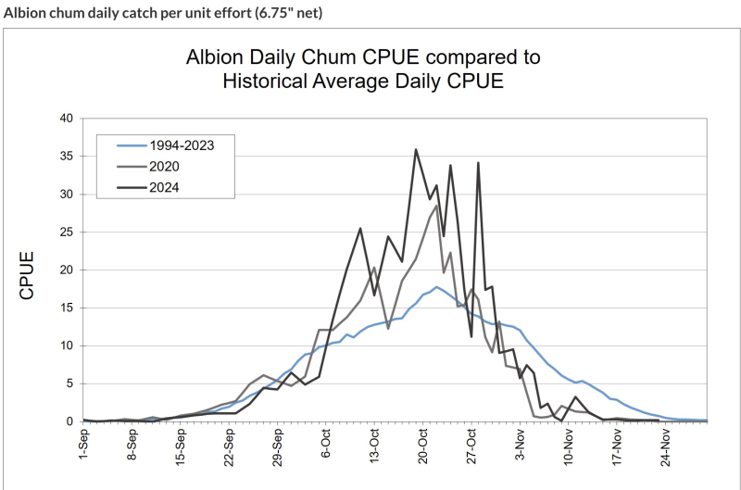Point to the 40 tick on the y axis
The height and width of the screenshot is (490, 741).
65,119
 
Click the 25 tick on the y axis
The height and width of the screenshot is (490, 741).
65,232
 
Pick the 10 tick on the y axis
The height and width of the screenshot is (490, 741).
65,346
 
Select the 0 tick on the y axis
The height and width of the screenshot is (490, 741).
69,421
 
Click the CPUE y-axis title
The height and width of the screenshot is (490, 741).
28,274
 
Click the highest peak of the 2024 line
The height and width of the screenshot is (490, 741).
416,149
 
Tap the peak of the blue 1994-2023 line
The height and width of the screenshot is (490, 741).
436,287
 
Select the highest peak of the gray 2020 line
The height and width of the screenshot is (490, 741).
436,205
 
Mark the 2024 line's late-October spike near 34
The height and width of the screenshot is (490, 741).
478,163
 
